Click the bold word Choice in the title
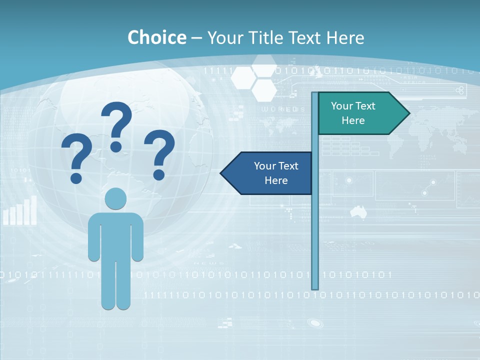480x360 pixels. (156, 37)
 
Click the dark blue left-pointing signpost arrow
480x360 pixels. (267, 173)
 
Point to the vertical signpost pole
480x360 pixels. (315, 225)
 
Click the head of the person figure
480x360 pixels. (116, 198)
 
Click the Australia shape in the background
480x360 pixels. (358, 211)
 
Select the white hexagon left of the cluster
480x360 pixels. (243, 77)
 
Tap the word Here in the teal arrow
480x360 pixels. (353, 120)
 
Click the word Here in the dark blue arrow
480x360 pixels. (276, 180)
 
